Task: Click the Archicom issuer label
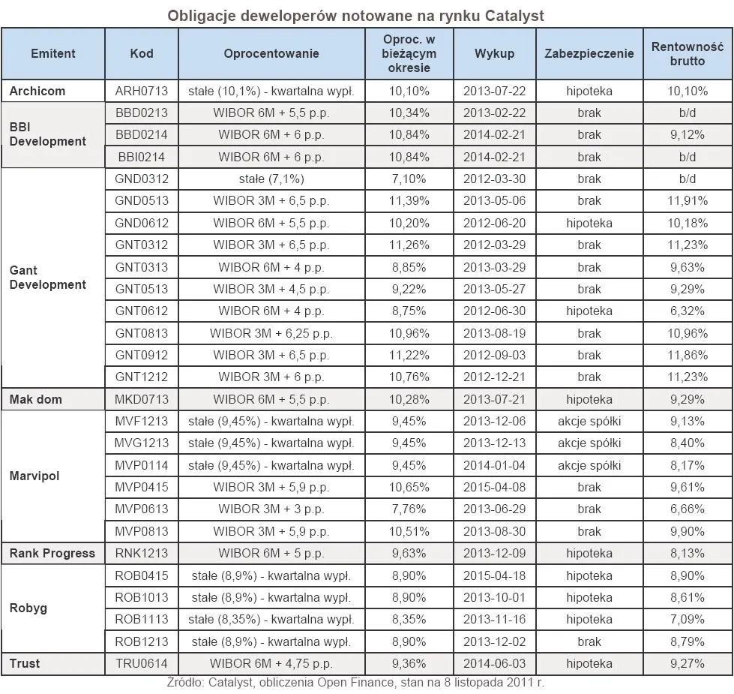point(37,91)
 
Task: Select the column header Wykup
point(494,53)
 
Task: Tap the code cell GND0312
point(141,179)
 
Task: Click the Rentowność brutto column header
point(687,53)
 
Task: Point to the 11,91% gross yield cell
point(687,201)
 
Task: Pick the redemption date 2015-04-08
point(494,487)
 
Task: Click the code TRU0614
point(141,663)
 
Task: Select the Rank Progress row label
point(52,553)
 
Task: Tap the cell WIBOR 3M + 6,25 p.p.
point(271,333)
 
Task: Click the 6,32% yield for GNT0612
point(687,311)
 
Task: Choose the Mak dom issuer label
point(36,399)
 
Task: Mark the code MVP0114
point(141,465)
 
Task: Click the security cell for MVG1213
point(589,443)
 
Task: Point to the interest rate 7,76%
point(409,509)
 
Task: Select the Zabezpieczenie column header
point(589,53)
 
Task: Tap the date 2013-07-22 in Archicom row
point(494,91)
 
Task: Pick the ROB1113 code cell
point(141,620)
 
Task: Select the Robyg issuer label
point(28,608)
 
